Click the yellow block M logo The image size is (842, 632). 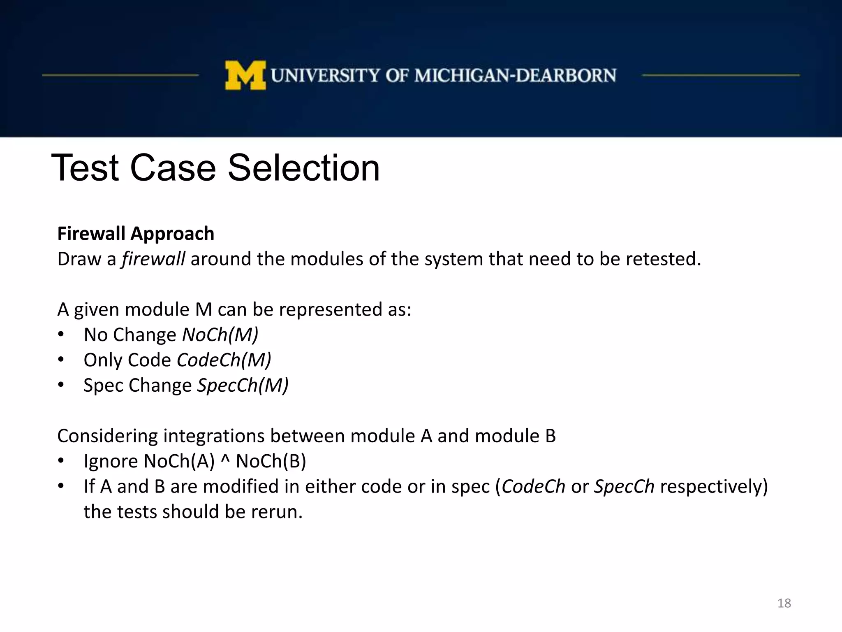pyautogui.click(x=245, y=75)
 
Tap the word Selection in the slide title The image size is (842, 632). pyautogui.click(x=303, y=168)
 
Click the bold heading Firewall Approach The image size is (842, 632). pyautogui.click(x=136, y=234)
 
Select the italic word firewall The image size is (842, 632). pyautogui.click(x=153, y=259)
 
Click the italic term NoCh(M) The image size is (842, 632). pyautogui.click(x=220, y=335)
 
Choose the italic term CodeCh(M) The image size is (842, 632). pyautogui.click(x=224, y=360)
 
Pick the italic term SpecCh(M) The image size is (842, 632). pyautogui.click(x=243, y=386)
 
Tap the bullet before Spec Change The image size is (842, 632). pyautogui.click(x=61, y=385)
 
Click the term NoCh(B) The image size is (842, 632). pyautogui.click(x=271, y=461)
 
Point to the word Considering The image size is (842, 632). pyautogui.click(x=107, y=436)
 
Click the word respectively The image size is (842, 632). pyautogui.click(x=710, y=487)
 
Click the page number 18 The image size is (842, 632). pyautogui.click(x=784, y=603)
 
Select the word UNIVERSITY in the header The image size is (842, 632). pyautogui.click(x=326, y=76)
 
